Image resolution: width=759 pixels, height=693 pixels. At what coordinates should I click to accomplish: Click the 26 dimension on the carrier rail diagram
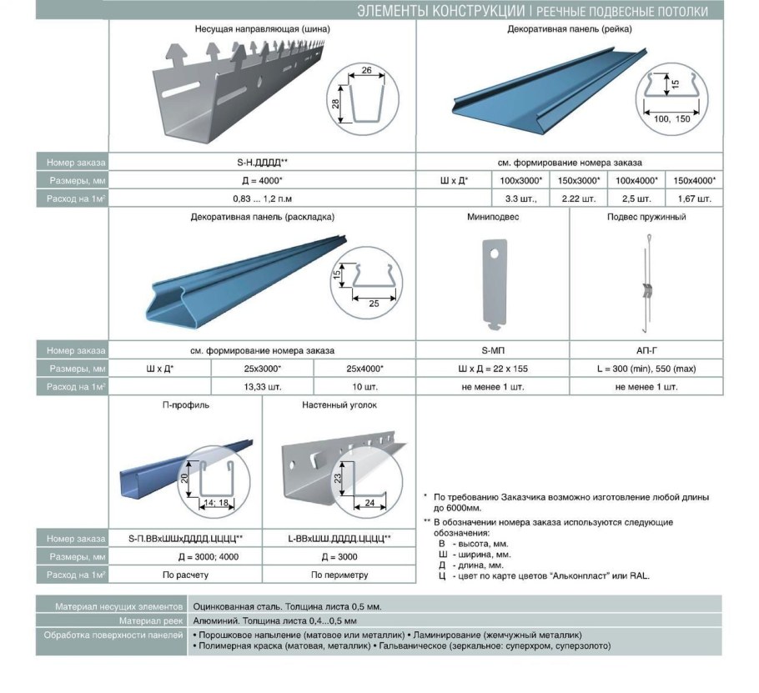click(x=366, y=70)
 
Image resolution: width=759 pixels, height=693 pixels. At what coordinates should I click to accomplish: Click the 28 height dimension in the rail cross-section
click(x=336, y=103)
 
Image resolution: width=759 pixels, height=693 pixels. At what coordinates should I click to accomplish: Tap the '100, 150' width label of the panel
click(x=671, y=119)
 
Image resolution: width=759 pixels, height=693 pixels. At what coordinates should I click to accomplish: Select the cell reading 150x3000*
click(x=579, y=180)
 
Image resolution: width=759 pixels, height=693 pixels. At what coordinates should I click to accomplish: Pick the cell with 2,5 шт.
click(x=636, y=199)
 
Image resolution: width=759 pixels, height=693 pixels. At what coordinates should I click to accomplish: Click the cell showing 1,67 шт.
click(x=694, y=199)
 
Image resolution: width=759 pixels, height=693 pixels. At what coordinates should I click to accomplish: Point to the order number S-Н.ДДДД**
click(x=263, y=163)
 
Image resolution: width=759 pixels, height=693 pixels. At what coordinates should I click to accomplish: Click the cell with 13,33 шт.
click(x=262, y=387)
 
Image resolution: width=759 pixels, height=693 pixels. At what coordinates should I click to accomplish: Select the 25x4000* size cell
click(x=364, y=369)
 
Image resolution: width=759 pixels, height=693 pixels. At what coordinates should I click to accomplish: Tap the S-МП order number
click(x=493, y=350)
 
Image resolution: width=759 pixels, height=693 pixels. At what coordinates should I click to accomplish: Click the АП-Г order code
click(x=646, y=350)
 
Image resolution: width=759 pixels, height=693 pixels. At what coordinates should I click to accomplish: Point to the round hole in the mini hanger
click(x=494, y=254)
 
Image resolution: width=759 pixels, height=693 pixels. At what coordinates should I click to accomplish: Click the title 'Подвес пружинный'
click(x=646, y=217)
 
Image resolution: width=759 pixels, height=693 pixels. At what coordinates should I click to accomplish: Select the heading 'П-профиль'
click(x=185, y=405)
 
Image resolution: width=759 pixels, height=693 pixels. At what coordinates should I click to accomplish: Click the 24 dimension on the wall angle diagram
click(x=369, y=503)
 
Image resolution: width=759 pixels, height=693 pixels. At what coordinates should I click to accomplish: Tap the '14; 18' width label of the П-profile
click(x=216, y=503)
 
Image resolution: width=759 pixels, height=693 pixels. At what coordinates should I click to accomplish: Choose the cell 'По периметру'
click(x=339, y=575)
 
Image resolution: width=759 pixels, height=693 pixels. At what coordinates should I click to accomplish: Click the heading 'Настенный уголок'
click(x=339, y=405)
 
